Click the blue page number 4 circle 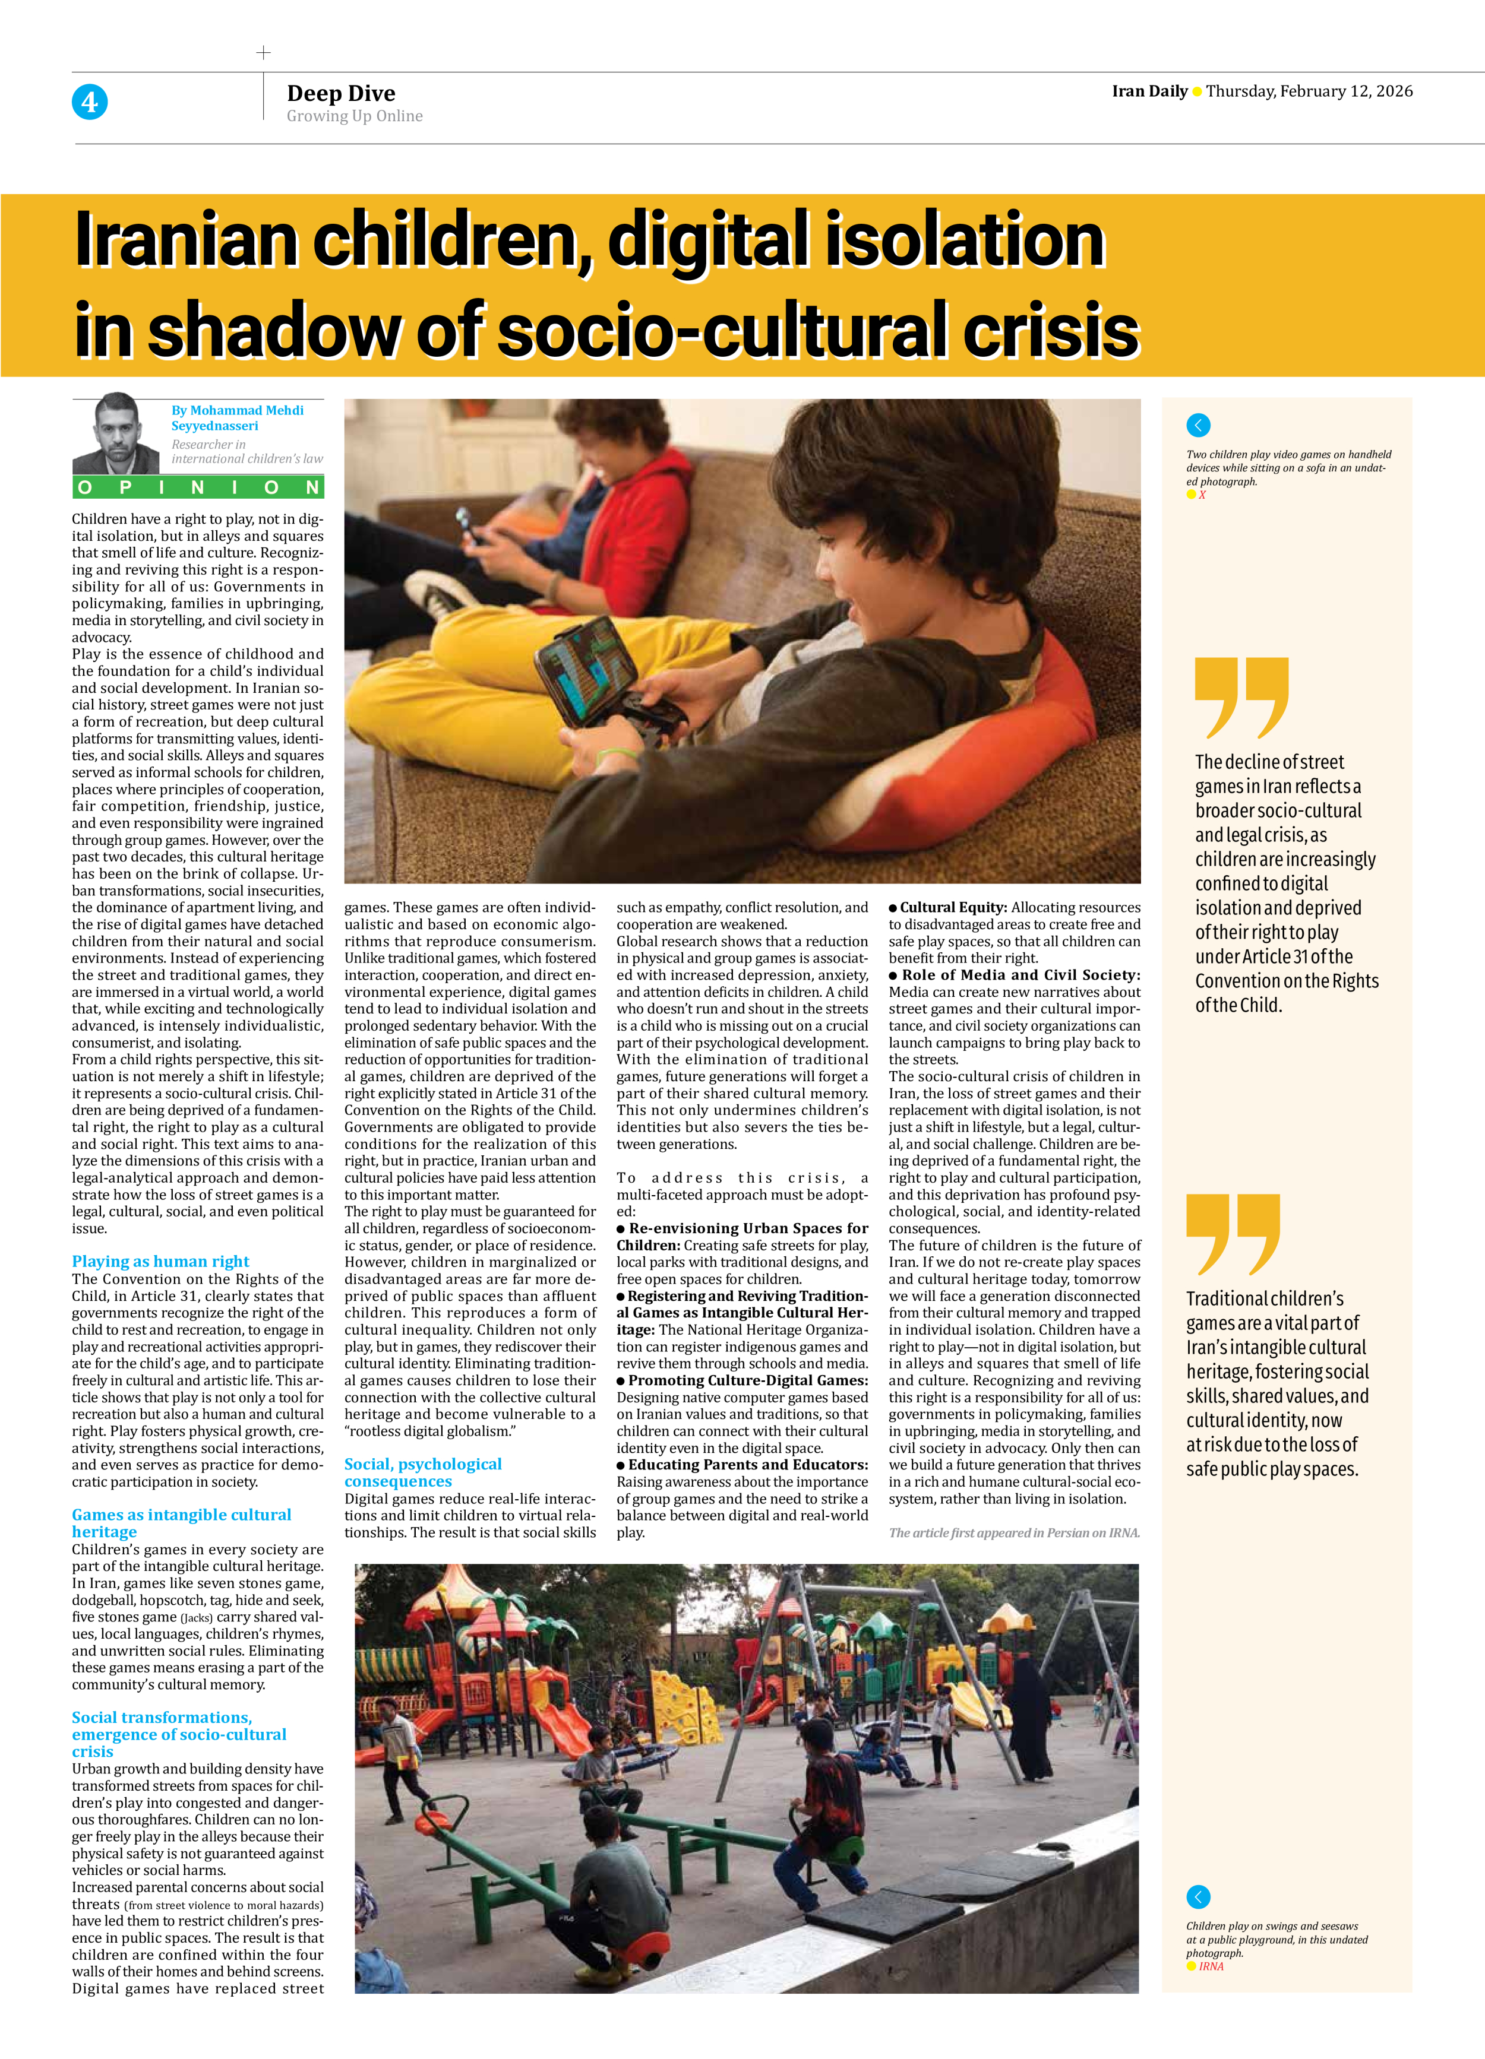[x=89, y=102]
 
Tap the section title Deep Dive [x=340, y=93]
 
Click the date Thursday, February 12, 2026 [x=1309, y=91]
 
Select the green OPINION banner [x=198, y=487]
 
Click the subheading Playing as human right [x=161, y=1261]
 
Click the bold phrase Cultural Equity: [x=953, y=907]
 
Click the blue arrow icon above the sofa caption [x=1198, y=425]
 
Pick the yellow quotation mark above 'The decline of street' [x=1241, y=696]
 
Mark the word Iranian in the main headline [x=185, y=240]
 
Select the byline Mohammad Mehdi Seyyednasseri [x=237, y=417]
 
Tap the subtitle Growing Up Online [x=354, y=116]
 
